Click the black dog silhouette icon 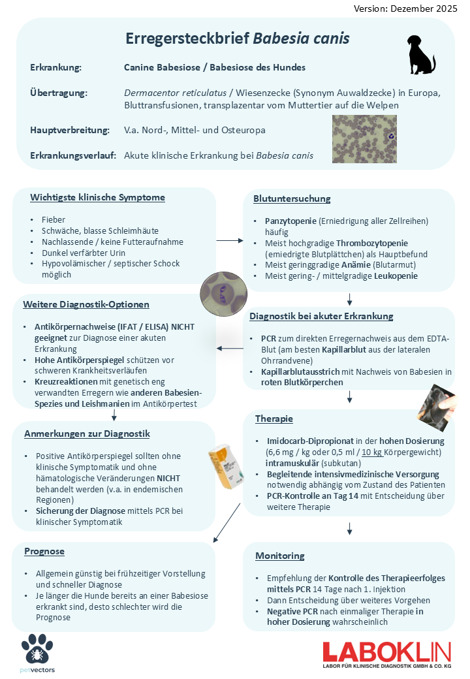[x=421, y=55]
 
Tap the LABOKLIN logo [x=386, y=655]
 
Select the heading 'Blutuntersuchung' [x=292, y=198]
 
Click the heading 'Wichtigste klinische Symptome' [x=97, y=197]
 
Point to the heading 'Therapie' [x=274, y=418]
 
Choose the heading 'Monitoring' [x=279, y=556]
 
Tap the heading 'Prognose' [x=44, y=551]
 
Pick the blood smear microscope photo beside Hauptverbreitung [x=364, y=139]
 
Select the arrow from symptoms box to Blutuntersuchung [x=230, y=241]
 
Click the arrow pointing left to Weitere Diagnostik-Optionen [x=229, y=348]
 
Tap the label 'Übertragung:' [x=58, y=93]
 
